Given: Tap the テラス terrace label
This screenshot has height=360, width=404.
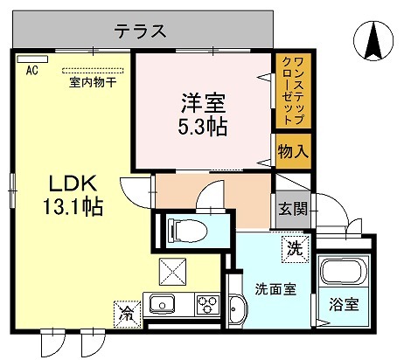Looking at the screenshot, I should pyautogui.click(x=139, y=32).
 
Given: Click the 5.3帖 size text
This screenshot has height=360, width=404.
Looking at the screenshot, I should pyautogui.click(x=204, y=127).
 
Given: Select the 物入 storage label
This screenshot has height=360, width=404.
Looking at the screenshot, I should pyautogui.click(x=292, y=152).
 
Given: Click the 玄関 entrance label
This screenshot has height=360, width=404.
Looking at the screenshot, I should pyautogui.click(x=291, y=210).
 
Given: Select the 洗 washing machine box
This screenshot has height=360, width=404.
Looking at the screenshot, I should pyautogui.click(x=296, y=247).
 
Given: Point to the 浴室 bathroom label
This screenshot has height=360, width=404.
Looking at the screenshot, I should pyautogui.click(x=343, y=305).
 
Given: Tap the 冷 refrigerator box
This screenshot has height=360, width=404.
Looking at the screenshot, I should pyautogui.click(x=126, y=310).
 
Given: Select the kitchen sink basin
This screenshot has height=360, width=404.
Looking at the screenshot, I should pyautogui.click(x=162, y=307).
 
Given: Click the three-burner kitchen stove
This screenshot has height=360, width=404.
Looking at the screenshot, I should pyautogui.click(x=206, y=306).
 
